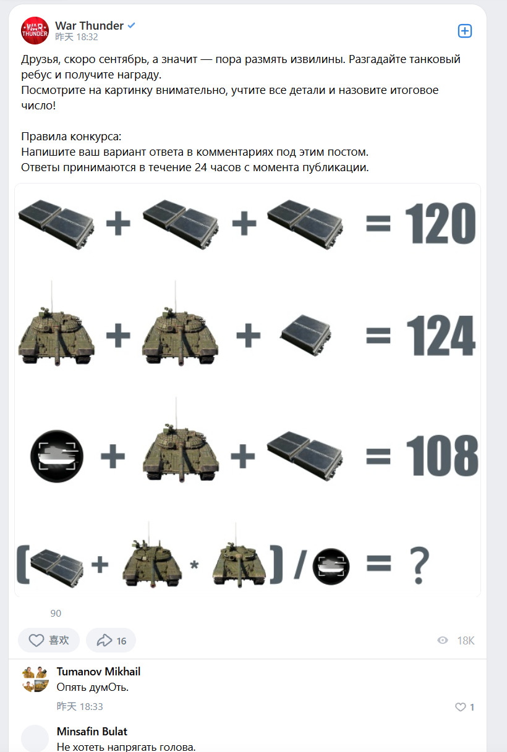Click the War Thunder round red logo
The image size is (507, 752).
(x=35, y=30)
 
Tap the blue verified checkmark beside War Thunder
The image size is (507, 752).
(x=131, y=25)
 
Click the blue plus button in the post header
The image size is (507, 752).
(x=465, y=31)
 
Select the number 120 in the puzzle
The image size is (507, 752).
(x=440, y=223)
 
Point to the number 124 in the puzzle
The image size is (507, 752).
(x=441, y=336)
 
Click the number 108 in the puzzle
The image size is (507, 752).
(x=442, y=455)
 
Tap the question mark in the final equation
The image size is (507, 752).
(x=419, y=565)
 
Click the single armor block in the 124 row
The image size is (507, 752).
(x=305, y=335)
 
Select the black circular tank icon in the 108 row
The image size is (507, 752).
(x=57, y=456)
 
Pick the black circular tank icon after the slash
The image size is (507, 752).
(x=331, y=567)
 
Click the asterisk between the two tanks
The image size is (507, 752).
(x=194, y=565)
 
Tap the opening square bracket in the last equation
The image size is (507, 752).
(x=23, y=565)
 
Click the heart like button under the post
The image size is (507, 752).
(x=36, y=640)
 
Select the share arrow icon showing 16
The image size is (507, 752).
(x=104, y=640)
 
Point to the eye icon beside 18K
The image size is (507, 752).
(x=443, y=640)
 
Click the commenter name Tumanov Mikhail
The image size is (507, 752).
(x=98, y=672)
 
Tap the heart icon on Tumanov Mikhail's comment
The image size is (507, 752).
(x=460, y=707)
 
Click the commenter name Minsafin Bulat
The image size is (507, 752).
(x=92, y=731)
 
